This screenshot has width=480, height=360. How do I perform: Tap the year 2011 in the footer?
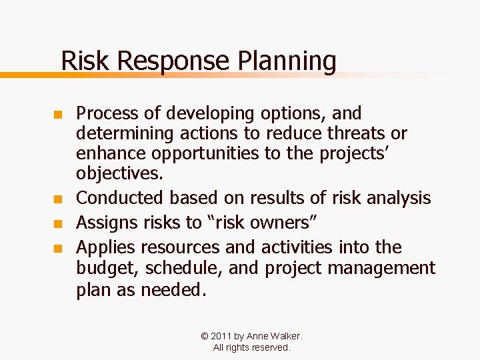223,337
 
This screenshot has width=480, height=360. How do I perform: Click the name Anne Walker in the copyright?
274,337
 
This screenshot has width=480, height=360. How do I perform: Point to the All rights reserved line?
251,347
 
